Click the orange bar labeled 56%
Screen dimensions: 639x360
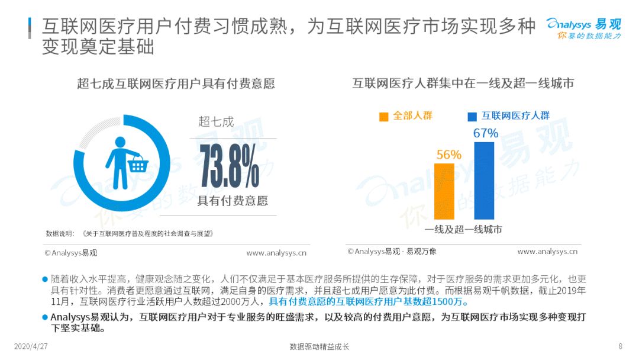[x=444, y=192]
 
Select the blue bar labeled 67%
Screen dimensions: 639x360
[x=484, y=181]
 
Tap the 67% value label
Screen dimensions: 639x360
[x=485, y=133]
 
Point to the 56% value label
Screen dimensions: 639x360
[x=448, y=155]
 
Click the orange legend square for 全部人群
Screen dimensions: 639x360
[x=383, y=117]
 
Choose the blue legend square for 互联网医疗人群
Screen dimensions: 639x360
[x=472, y=117]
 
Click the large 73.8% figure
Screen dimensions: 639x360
[x=230, y=166]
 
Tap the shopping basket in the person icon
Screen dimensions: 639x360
[x=138, y=164]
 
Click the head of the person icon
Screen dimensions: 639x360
[x=120, y=142]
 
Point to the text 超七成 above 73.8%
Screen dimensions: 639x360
[x=216, y=121]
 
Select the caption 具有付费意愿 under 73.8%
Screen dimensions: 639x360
[x=233, y=201]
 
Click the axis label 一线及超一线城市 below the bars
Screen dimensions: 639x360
[x=463, y=229]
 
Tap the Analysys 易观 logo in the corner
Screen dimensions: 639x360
[x=584, y=28]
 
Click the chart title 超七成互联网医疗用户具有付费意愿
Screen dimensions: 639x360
[x=176, y=83]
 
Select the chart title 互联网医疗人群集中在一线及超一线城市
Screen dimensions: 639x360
[x=463, y=83]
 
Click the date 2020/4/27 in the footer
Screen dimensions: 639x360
[x=31, y=346]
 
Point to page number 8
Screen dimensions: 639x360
[x=620, y=346]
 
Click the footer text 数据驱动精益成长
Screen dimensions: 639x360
[x=319, y=346]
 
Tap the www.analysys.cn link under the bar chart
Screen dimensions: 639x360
[x=547, y=252]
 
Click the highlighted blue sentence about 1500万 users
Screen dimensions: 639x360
[x=369, y=302]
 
